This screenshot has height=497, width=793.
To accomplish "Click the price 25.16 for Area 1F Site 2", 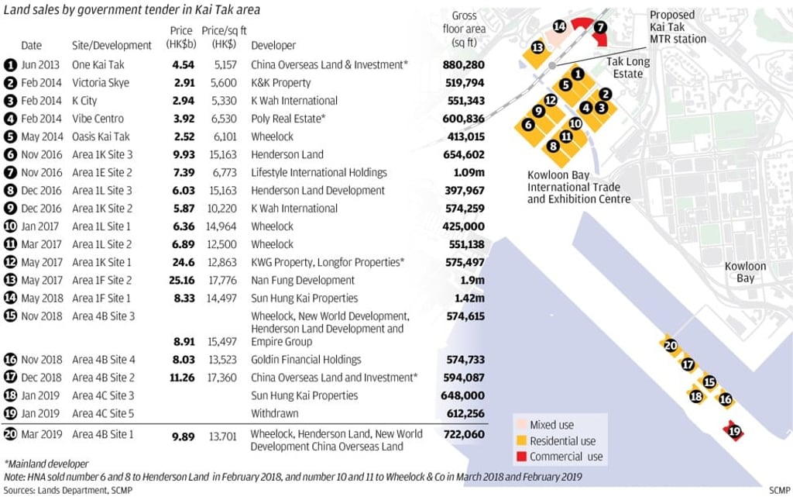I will (x=180, y=280).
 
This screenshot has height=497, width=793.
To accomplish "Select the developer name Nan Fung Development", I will (x=303, y=280).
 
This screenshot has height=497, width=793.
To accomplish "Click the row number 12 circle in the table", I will (x=10, y=262).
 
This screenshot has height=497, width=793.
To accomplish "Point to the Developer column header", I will (x=273, y=46).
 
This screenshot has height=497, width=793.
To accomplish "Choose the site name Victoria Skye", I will (x=101, y=82).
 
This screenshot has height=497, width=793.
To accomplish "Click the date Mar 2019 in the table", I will (x=38, y=434).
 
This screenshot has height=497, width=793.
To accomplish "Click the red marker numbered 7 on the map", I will (x=601, y=26).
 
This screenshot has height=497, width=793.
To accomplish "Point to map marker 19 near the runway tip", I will (x=734, y=431).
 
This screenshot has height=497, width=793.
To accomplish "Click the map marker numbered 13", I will (x=537, y=48).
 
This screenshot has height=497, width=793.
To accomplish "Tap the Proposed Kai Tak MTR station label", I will (x=677, y=27).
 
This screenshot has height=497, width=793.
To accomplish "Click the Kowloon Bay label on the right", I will (x=745, y=271).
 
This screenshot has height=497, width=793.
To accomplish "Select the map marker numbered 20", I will (x=670, y=346).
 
